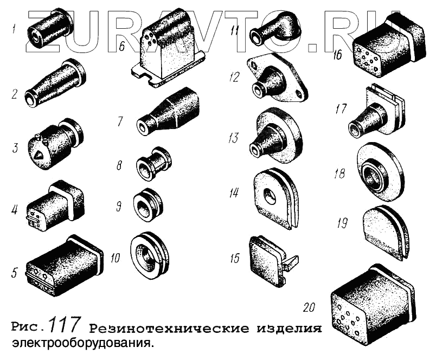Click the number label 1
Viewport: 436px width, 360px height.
click(x=14, y=29)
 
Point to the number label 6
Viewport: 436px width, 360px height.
click(x=122, y=47)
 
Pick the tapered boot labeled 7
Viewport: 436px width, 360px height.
click(x=168, y=112)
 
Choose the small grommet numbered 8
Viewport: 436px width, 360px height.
click(x=153, y=165)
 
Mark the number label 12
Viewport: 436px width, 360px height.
click(x=234, y=77)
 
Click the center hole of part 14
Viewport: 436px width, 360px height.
click(x=270, y=194)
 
